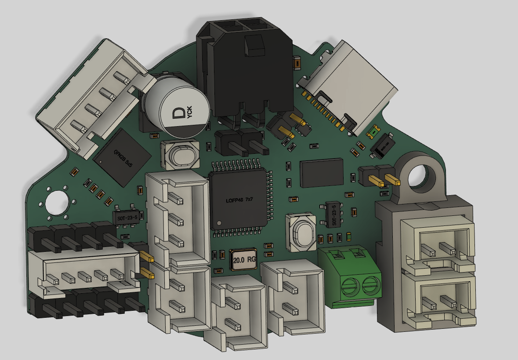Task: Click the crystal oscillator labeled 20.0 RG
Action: [244, 259]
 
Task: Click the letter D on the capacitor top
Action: [178, 114]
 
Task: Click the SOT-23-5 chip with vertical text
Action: [334, 215]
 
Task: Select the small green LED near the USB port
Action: [374, 131]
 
